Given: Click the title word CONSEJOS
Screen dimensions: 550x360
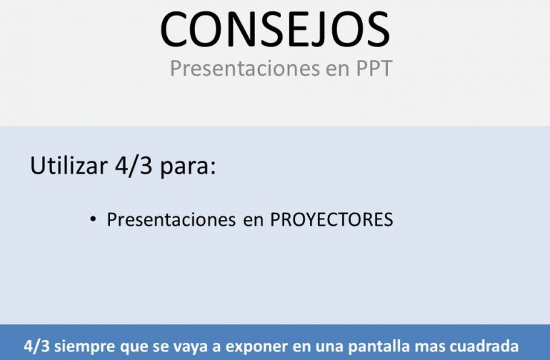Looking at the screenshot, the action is click(275, 29).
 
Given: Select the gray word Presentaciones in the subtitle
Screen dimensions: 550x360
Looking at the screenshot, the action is click(245, 68).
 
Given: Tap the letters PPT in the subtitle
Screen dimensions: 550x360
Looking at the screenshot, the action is click(374, 68).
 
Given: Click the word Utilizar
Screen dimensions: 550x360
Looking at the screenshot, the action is click(69, 165).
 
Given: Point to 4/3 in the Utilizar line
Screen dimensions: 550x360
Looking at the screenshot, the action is click(134, 165).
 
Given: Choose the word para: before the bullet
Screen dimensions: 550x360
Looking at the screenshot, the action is click(188, 167).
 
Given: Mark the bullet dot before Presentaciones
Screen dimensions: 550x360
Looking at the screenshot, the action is click(93, 219).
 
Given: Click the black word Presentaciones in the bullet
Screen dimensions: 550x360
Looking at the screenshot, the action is click(171, 220).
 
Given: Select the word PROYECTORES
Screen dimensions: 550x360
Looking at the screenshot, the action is click(331, 220).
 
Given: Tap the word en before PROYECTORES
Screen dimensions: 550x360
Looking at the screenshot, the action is click(254, 221).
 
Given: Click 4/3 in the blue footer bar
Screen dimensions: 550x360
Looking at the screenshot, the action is click(37, 346).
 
